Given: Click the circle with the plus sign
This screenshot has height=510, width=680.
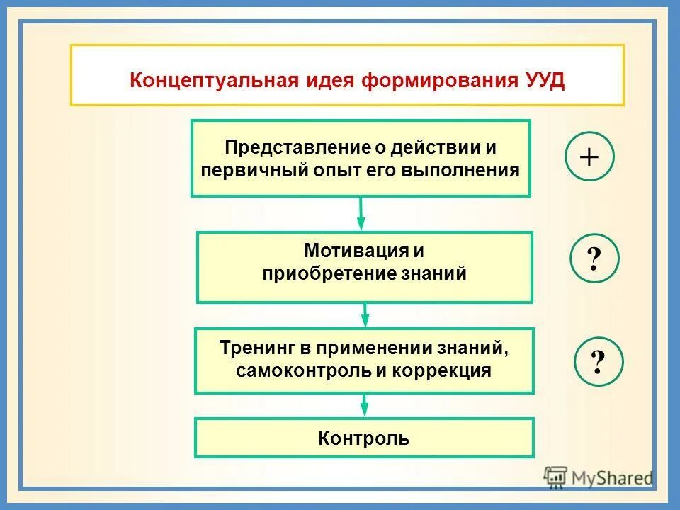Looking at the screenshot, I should [x=589, y=157].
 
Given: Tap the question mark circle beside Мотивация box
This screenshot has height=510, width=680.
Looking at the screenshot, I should [x=594, y=259].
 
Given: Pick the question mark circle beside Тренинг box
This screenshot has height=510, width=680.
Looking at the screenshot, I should [x=599, y=362].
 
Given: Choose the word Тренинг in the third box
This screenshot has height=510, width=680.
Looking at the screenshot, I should [x=256, y=348].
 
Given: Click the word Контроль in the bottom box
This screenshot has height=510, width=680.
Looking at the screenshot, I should [x=364, y=438].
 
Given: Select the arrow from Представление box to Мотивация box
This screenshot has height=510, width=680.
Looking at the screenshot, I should [x=361, y=213].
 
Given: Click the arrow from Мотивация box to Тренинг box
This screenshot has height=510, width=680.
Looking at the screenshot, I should [x=365, y=315].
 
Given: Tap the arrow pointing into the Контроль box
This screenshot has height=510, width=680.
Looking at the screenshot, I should [x=364, y=405].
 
